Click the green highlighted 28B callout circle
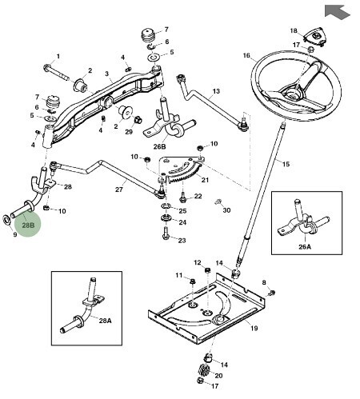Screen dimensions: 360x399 28,225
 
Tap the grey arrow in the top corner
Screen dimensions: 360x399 337,12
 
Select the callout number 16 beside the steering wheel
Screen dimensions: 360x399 246,55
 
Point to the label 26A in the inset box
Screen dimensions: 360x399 305,247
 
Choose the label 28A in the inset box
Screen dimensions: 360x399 105,321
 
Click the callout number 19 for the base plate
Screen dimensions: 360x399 254,329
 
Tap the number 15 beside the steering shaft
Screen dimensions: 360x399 286,164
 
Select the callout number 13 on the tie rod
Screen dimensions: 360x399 216,91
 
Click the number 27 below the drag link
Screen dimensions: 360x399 119,190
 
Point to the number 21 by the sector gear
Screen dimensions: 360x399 205,180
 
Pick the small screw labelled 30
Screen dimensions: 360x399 218,201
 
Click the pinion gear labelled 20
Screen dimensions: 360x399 203,370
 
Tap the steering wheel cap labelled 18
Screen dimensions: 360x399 315,37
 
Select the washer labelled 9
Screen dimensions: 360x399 6,219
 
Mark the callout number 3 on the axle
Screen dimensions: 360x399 107,74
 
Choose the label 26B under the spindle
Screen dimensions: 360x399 159,146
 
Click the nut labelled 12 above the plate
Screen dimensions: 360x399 208,271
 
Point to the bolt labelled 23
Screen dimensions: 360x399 166,233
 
